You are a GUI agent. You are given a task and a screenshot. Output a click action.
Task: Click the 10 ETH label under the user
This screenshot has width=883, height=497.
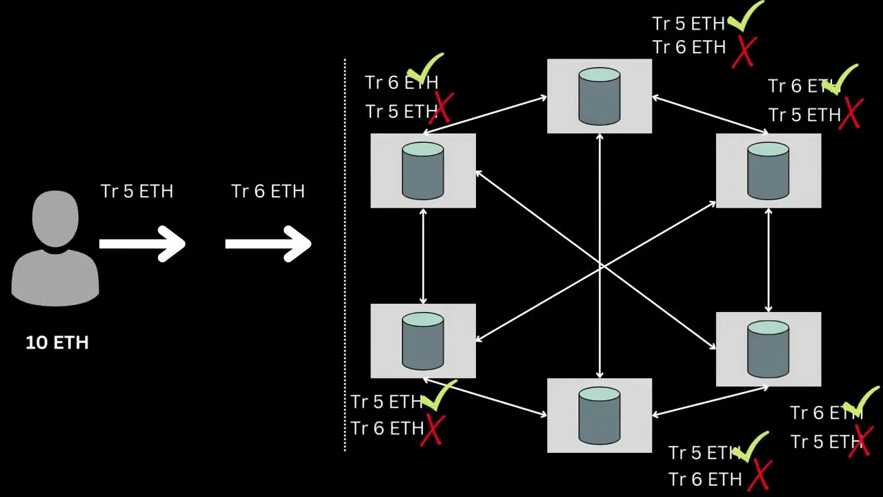(x=57, y=342)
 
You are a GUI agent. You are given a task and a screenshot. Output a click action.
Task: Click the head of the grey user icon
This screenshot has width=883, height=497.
(x=55, y=218)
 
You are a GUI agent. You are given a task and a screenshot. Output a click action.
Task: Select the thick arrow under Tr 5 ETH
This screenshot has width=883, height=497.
(x=142, y=244)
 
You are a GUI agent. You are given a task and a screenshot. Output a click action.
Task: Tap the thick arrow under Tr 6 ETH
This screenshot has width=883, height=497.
(x=268, y=244)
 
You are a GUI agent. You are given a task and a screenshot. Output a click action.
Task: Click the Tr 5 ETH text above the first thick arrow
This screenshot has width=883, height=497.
(x=137, y=191)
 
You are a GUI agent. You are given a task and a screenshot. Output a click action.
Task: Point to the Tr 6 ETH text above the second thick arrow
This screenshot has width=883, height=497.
(x=268, y=191)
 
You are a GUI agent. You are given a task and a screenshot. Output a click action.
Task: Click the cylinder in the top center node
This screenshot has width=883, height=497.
(x=599, y=96)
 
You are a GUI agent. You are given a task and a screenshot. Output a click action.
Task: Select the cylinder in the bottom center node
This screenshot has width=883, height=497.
(x=599, y=415)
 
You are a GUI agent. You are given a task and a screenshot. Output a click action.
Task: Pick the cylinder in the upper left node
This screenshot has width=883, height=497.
(x=423, y=170)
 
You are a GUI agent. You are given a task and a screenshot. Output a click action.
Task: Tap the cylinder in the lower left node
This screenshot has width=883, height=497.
(x=423, y=341)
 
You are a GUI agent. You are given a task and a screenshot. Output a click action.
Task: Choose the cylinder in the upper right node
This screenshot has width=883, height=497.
(x=768, y=170)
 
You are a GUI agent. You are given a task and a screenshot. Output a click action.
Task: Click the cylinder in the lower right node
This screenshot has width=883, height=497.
(x=768, y=349)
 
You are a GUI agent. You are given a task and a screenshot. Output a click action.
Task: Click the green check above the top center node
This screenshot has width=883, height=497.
(x=745, y=17)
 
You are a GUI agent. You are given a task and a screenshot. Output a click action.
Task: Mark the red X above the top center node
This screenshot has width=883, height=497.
(x=744, y=51)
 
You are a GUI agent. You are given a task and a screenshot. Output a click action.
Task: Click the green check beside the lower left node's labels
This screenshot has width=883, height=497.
(x=439, y=396)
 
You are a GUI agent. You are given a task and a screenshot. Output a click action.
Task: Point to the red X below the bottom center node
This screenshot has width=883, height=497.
(x=759, y=476)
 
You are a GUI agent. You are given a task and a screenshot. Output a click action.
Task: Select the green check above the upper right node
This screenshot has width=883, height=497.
(x=841, y=80)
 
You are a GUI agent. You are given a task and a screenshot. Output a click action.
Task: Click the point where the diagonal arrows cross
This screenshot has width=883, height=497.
(x=599, y=266)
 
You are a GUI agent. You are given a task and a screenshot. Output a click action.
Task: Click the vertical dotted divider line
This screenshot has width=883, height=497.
(x=345, y=255)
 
